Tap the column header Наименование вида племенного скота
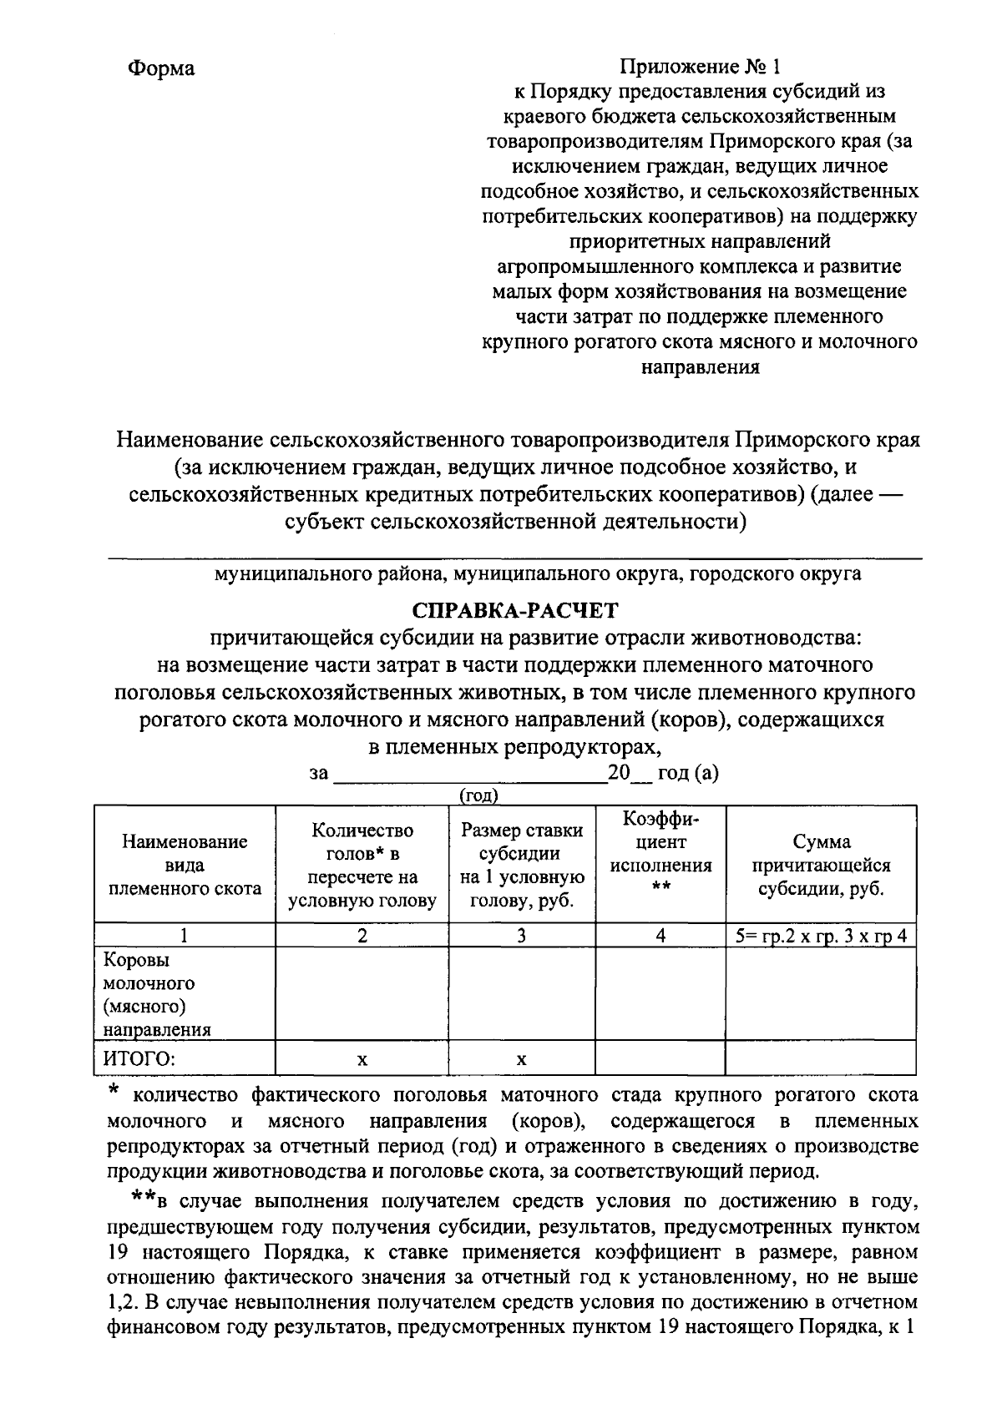[x=185, y=865]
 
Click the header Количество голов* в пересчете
[x=362, y=866]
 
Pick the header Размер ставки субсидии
[x=522, y=866]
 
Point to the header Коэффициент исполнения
[x=660, y=853]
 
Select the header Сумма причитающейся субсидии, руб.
[x=822, y=866]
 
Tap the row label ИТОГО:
[x=139, y=1059]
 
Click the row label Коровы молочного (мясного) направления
[x=156, y=994]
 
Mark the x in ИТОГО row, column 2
[x=362, y=1060]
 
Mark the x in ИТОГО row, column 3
[x=521, y=1060]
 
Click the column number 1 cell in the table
[x=184, y=936]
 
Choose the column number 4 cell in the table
[x=660, y=936]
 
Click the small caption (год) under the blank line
[x=479, y=795]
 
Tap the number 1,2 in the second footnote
[x=122, y=1301]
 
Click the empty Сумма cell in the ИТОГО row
[x=821, y=1059]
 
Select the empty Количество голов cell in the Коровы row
[x=362, y=993]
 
